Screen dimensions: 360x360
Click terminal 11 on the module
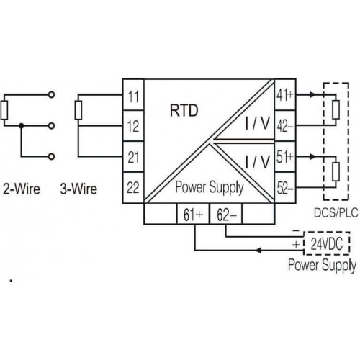[x=133, y=95]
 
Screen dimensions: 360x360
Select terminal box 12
[x=133, y=126]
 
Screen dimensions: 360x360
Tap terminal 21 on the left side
[x=133, y=157]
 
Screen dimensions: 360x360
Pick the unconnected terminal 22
[x=133, y=188]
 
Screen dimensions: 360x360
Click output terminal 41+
[x=285, y=95]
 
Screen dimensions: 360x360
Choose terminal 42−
[x=285, y=126]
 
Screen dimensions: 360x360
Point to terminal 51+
[x=285, y=157]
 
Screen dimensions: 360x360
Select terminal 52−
[x=285, y=188]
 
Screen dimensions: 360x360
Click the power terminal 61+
[x=193, y=214]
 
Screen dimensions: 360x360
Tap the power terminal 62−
[x=226, y=214]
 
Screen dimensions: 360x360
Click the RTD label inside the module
[x=184, y=110]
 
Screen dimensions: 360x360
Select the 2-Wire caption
[x=22, y=189]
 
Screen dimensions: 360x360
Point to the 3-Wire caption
[x=78, y=189]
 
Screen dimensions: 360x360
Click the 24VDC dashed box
[x=327, y=243]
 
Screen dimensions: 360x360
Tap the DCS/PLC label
[x=336, y=212]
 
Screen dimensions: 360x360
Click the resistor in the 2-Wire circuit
[x=4, y=110]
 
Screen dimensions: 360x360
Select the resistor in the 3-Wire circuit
[x=78, y=110]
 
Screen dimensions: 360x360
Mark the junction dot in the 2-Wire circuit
[x=22, y=125]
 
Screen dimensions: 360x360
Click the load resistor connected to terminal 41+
[x=336, y=109]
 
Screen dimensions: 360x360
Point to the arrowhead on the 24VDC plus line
[x=258, y=251]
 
